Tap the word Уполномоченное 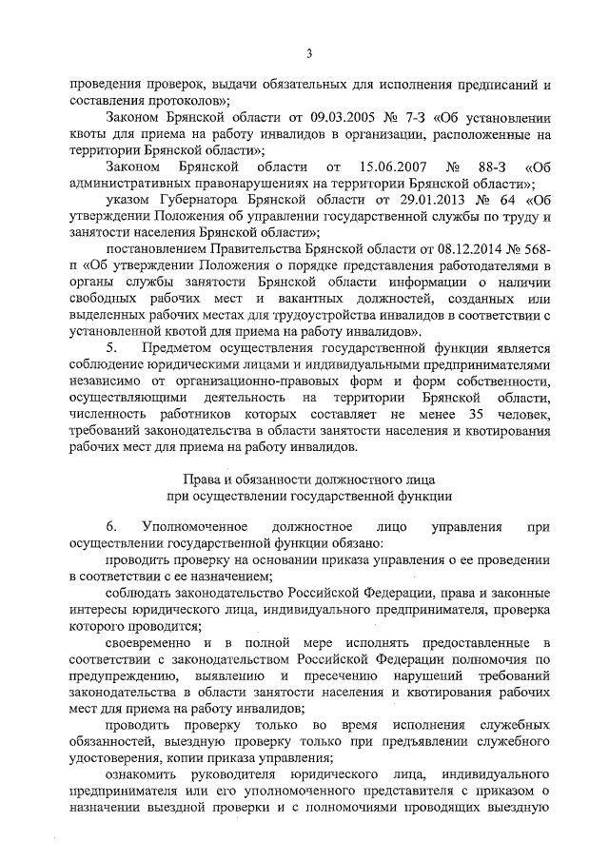(195, 527)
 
